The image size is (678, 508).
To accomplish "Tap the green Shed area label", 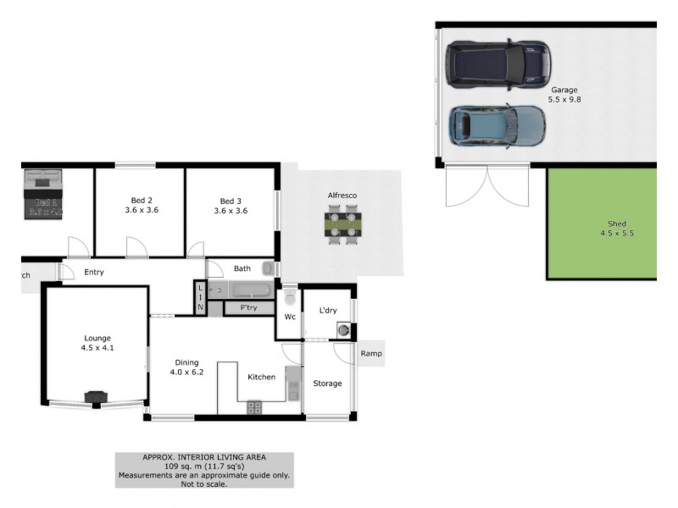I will [x=601, y=228].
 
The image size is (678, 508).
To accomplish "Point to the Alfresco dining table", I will [x=342, y=226].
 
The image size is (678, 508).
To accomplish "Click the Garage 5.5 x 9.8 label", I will [x=564, y=95].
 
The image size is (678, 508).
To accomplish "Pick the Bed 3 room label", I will [x=231, y=206].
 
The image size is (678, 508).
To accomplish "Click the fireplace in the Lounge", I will [x=96, y=397].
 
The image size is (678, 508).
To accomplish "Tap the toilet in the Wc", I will [x=289, y=298].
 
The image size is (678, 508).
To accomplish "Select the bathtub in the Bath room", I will [x=238, y=290].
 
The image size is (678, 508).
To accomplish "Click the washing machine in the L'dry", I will [x=345, y=329].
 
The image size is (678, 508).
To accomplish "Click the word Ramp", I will [x=370, y=354].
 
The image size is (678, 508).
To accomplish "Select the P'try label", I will [x=248, y=307].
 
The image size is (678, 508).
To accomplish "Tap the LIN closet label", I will [x=201, y=298].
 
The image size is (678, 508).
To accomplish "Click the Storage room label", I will [x=327, y=384].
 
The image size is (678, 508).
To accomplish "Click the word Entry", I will [x=94, y=272].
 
